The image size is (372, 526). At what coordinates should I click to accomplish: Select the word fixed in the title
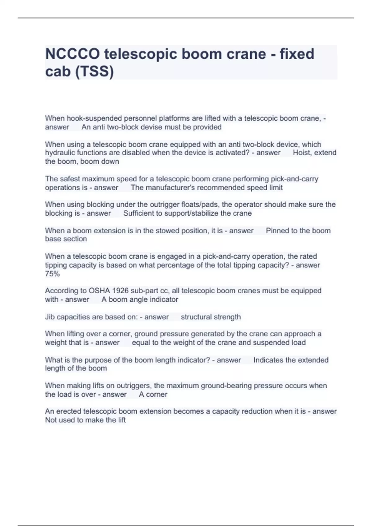tap(297, 54)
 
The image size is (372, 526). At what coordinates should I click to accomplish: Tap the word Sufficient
tap(142, 213)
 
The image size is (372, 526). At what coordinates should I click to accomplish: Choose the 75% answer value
tap(52, 274)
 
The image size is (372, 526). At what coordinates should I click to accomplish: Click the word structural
tap(196, 317)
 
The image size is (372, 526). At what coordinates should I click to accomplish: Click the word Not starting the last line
tap(51, 420)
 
